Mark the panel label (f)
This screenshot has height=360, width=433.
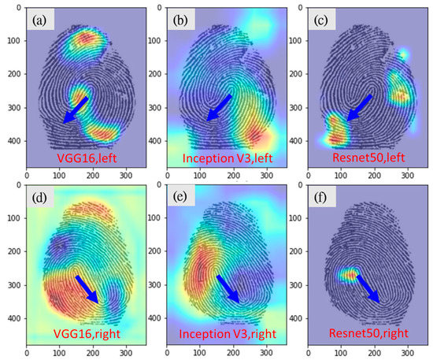pos(321,198)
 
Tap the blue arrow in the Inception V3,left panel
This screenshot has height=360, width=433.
pos(218,108)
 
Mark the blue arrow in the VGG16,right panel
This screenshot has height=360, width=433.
pos(87,289)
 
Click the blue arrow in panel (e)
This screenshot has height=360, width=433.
pos(228,289)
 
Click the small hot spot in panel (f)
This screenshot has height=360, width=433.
pos(348,275)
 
